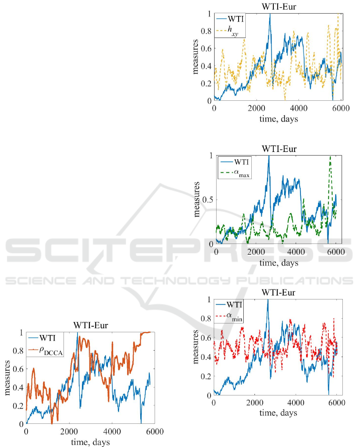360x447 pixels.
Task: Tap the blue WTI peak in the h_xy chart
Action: [x=270, y=14]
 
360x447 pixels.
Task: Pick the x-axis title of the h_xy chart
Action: [x=278, y=119]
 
